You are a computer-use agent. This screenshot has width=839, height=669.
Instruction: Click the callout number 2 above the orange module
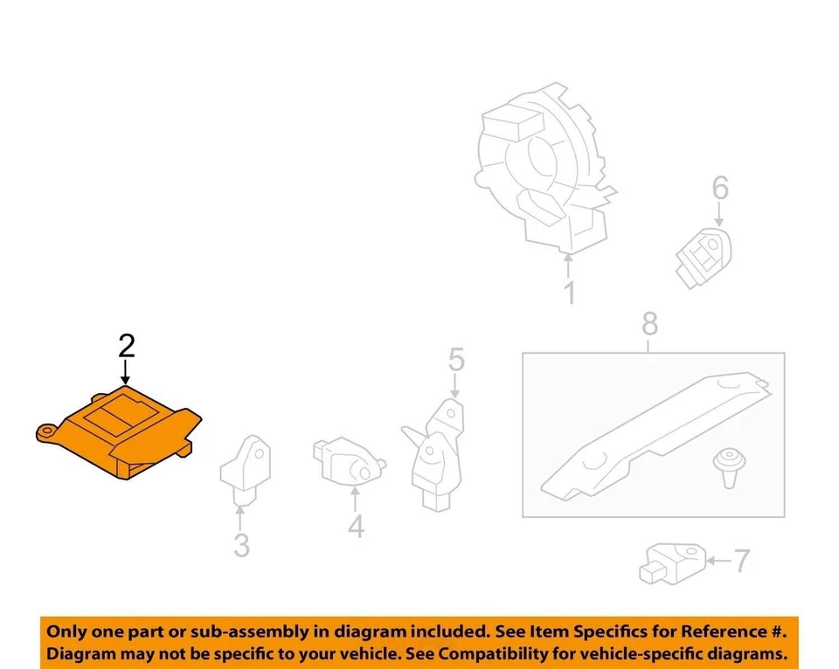[x=127, y=347]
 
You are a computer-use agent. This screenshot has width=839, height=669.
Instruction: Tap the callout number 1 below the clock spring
[x=570, y=293]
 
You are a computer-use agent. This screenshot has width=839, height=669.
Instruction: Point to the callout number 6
[x=719, y=188]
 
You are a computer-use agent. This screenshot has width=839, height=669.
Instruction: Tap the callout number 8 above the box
[x=648, y=325]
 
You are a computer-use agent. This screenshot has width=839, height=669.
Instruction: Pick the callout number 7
[x=741, y=560]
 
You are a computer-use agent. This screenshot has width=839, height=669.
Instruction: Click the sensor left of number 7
[x=673, y=561]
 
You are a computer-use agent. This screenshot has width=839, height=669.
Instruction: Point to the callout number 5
[x=456, y=359]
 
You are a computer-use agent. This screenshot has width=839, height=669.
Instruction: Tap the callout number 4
[x=355, y=527]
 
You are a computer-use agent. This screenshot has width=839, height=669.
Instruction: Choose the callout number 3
[x=241, y=546]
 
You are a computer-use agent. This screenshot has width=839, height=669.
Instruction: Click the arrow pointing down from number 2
[x=127, y=374]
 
